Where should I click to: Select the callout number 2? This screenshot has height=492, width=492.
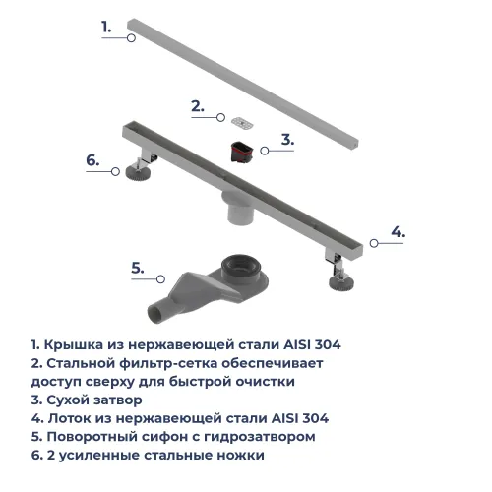point(197,106)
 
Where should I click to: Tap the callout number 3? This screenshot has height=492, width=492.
point(287,140)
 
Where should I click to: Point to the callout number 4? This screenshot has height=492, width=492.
point(398,232)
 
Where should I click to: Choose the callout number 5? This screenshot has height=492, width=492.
point(138,267)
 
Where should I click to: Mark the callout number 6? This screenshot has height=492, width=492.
point(92,159)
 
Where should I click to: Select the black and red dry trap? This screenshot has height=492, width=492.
point(240,152)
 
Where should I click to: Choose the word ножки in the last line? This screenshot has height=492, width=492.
point(239,456)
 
